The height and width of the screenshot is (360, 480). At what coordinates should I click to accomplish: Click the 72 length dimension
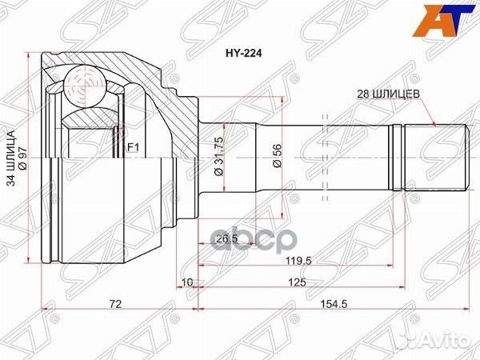coord(115,306)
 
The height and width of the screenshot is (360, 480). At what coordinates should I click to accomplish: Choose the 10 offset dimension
coord(187,282)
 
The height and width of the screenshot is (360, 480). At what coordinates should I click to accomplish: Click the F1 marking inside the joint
coord(134,147)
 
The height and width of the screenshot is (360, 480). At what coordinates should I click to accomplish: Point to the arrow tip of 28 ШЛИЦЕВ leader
coord(433,126)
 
